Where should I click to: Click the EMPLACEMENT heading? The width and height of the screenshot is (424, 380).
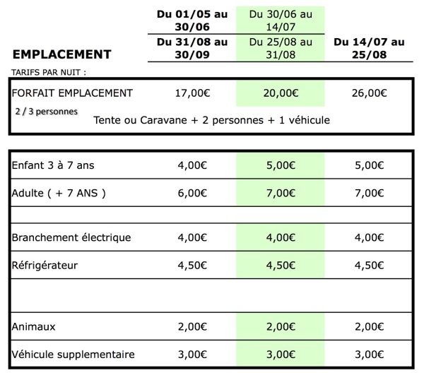click(62, 54)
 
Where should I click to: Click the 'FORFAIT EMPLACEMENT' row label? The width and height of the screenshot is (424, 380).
click(72, 93)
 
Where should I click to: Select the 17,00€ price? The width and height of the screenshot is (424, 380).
click(191, 93)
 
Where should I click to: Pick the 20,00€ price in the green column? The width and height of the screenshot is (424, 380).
click(281, 93)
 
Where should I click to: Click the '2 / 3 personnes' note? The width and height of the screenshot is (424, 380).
click(46, 111)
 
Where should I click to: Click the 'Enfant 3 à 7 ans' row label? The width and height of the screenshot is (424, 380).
click(54, 167)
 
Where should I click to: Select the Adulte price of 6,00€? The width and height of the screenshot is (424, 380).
click(191, 193)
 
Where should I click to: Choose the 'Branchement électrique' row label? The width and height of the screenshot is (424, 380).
click(71, 237)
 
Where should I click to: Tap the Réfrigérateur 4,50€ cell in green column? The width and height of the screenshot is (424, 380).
click(281, 266)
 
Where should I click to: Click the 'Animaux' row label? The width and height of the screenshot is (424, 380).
click(35, 327)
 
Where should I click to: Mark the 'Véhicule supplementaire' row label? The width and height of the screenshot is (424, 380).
click(73, 354)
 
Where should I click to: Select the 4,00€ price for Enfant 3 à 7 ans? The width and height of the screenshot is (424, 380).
click(191, 167)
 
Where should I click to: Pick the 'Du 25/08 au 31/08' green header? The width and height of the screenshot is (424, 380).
click(281, 48)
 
